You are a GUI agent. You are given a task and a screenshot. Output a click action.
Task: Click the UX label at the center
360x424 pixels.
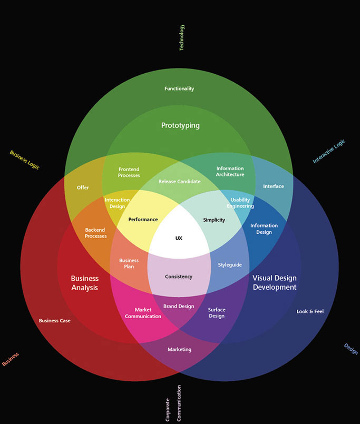click(179, 238)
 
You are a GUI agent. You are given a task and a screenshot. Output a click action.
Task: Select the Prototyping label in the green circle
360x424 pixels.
click(180, 125)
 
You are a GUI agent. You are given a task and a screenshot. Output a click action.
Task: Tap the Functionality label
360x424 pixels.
click(179, 88)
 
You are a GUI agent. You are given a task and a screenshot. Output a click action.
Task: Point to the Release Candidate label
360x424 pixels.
click(179, 181)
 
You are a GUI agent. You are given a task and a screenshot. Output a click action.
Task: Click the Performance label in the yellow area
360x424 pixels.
click(143, 219)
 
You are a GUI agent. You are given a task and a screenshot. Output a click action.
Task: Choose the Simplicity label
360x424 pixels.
click(214, 220)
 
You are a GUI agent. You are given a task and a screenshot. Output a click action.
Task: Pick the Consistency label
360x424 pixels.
click(179, 277)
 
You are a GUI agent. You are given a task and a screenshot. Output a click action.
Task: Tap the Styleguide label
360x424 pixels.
click(230, 264)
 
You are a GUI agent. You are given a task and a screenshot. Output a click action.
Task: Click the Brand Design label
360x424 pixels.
click(179, 306)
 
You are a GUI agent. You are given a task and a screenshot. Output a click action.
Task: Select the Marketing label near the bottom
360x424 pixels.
click(179, 349)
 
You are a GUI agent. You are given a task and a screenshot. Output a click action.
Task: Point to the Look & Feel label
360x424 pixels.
click(310, 311)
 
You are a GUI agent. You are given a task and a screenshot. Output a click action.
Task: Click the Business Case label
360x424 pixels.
click(54, 320)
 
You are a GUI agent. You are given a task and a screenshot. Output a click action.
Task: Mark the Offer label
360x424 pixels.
click(83, 188)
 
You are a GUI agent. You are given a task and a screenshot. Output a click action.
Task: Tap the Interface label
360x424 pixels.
click(274, 186)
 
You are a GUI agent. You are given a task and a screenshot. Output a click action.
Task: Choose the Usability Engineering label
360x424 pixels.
click(240, 203)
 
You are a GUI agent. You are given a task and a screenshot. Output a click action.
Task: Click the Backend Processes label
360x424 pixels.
click(95, 233)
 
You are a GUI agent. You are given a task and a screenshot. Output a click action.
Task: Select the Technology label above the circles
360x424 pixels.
click(182, 37)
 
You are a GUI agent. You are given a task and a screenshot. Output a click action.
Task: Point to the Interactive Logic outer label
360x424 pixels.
click(329, 152)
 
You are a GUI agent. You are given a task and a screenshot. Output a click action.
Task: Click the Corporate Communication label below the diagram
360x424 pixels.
click(173, 402)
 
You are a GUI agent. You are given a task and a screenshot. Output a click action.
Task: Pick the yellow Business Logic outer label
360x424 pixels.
click(24, 160)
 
